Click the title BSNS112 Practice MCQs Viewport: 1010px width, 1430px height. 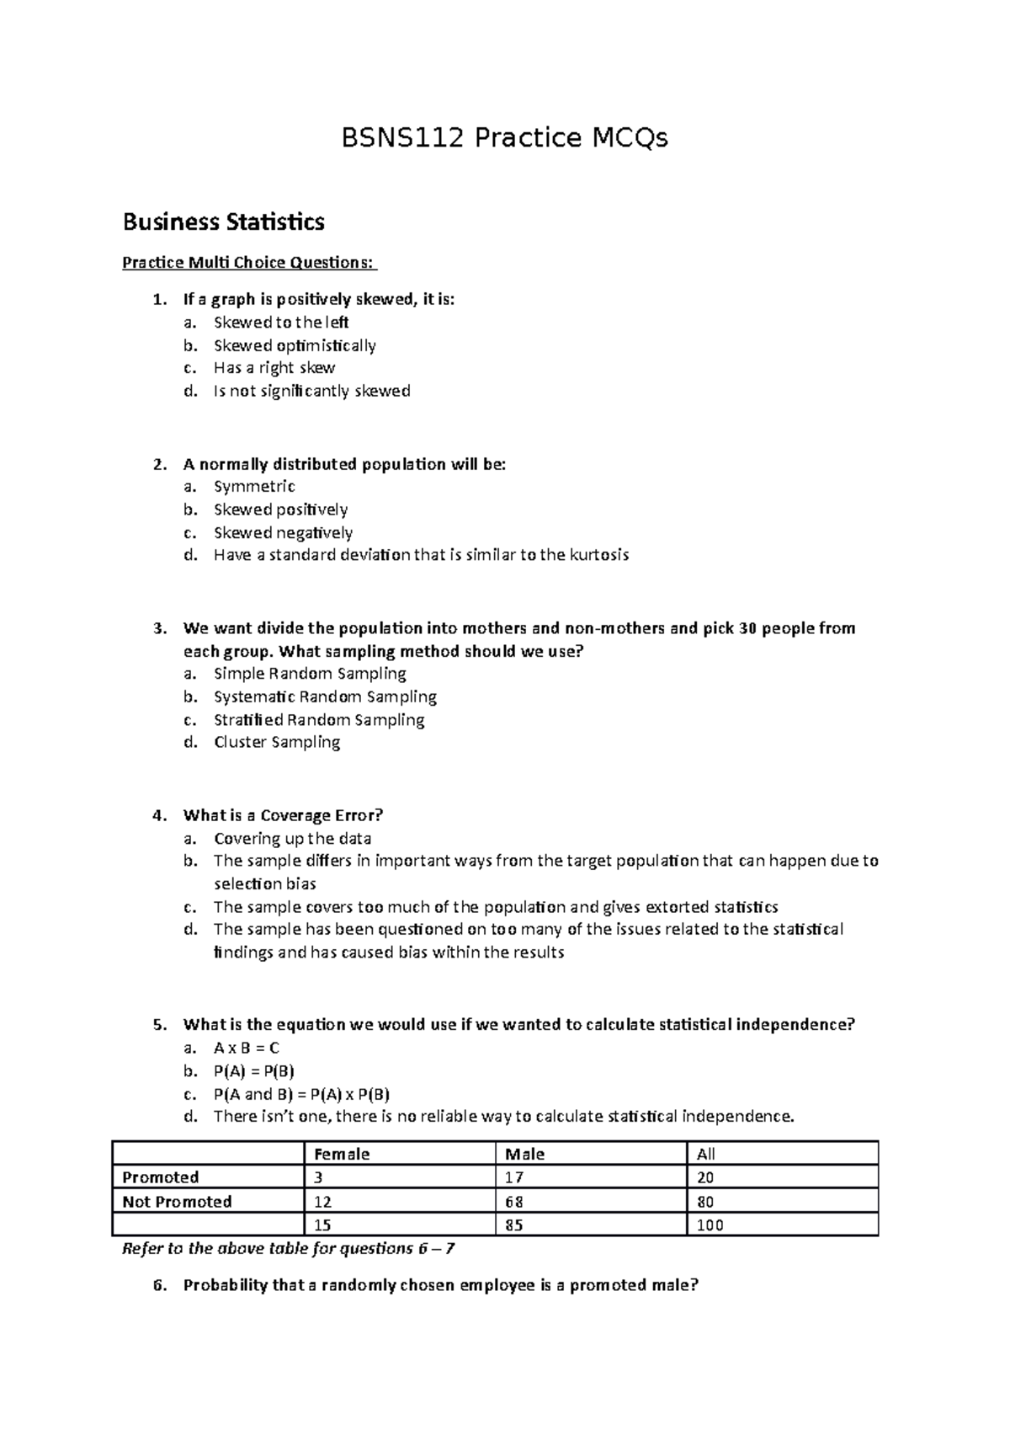pos(504,137)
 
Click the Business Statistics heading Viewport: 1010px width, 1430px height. pos(223,222)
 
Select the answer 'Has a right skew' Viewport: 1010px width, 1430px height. pos(274,368)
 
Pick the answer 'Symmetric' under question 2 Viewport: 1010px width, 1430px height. pos(254,486)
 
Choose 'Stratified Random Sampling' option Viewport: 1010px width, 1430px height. pos(319,720)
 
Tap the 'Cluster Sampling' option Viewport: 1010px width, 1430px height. pos(277,742)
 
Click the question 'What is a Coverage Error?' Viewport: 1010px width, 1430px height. pos(283,815)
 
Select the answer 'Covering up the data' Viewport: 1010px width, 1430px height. pos(292,839)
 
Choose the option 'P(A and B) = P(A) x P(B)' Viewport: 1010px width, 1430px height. pos(301,1094)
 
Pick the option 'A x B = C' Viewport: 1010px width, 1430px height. pos(246,1048)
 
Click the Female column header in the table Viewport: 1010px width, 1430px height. pos(341,1155)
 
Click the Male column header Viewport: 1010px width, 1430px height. pos(524,1155)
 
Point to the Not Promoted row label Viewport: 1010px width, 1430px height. pos(177,1202)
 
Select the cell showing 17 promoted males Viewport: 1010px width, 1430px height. pos(514,1177)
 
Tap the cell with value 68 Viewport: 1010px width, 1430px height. pos(514,1202)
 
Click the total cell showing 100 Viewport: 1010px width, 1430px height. pos(710,1225)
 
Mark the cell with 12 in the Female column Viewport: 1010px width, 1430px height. pos(322,1202)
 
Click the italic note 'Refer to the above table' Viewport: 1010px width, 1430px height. pos(288,1249)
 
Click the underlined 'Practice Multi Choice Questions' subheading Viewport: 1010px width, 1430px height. pos(248,263)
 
